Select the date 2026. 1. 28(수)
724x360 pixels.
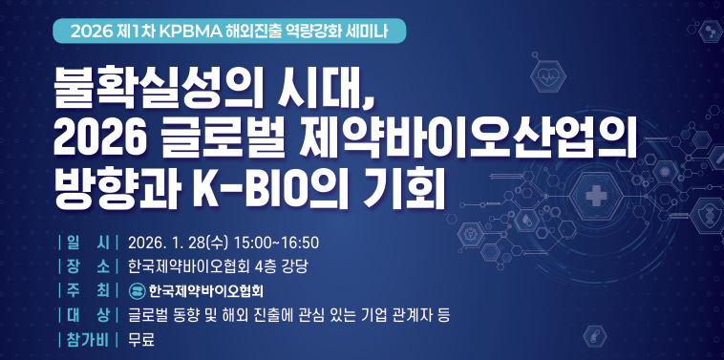[x=181, y=241]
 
